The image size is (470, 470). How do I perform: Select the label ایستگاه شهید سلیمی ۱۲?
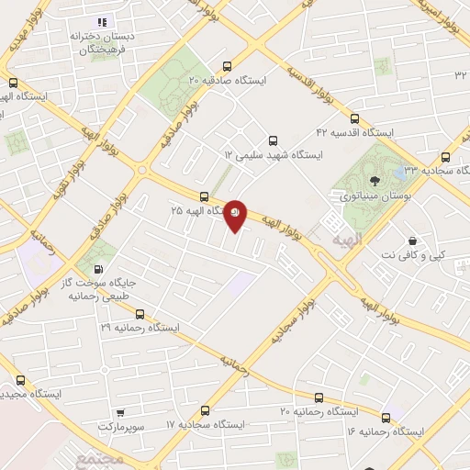click(274, 156)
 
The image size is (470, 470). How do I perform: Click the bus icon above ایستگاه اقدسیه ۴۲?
click(354, 117)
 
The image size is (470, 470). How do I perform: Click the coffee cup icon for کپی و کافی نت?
click(413, 240)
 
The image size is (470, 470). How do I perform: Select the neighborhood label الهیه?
click(330, 235)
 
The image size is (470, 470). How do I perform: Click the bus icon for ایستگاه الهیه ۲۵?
click(204, 196)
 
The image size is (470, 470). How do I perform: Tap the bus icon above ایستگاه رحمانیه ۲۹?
click(139, 313)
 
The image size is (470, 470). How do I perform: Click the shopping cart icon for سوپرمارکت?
click(120, 412)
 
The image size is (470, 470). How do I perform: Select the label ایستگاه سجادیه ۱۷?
click(206, 426)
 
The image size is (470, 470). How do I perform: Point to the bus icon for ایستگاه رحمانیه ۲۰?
click(319, 397)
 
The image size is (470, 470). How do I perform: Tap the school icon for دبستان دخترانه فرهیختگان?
click(102, 21)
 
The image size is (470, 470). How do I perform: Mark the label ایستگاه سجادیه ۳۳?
click(428, 172)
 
